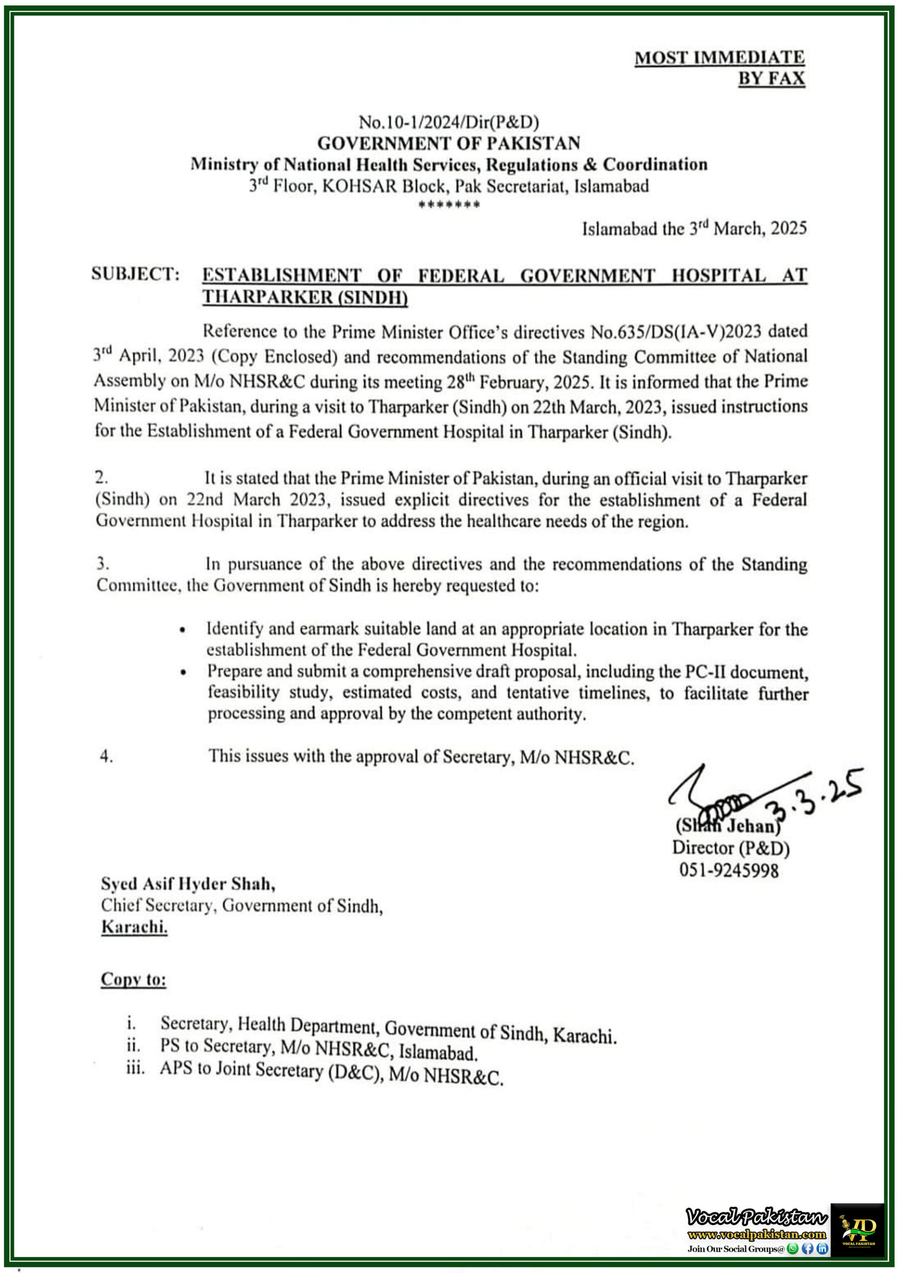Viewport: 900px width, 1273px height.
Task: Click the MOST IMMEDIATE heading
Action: pos(719,57)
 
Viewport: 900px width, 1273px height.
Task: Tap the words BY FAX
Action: pos(771,79)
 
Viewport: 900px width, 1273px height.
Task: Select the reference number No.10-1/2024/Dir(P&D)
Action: pos(449,121)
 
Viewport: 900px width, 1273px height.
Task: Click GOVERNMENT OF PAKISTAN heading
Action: pos(449,143)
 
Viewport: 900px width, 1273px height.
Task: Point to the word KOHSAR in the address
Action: pos(360,186)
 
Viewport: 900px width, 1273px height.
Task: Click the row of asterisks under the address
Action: pos(449,204)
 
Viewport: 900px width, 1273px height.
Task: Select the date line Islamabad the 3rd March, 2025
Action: pos(694,228)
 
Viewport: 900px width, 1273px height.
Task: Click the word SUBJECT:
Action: pos(136,274)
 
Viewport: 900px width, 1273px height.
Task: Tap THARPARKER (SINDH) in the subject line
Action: pos(304,297)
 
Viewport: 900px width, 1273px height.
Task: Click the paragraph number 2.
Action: pos(101,477)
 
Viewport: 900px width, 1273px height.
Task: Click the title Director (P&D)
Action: pos(730,847)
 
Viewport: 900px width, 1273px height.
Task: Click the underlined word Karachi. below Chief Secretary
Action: pos(134,926)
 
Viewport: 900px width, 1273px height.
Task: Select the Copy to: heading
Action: pos(133,979)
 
